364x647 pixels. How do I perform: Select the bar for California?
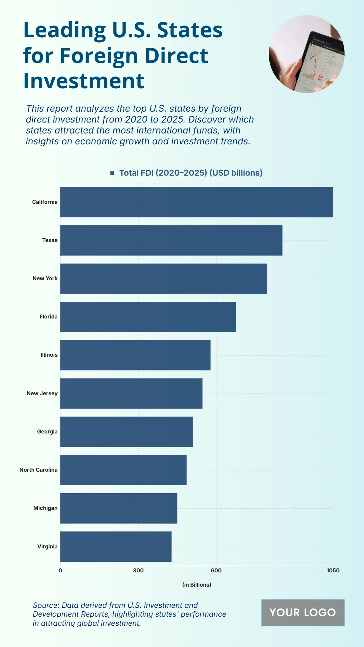pos(197,202)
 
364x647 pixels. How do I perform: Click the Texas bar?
pos(171,240)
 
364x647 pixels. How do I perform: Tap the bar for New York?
pos(163,278)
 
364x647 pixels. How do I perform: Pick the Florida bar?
pos(148,317)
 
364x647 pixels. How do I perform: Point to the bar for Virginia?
pos(116,547)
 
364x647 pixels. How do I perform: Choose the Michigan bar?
pos(119,508)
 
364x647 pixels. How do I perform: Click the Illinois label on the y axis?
pos(49,355)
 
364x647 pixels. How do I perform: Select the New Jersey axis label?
pos(42,393)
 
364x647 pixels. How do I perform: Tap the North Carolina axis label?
pos(38,470)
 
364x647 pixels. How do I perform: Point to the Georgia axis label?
pos(47,432)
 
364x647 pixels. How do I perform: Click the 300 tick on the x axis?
pos(138,571)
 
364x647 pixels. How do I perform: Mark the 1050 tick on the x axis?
pos(333,571)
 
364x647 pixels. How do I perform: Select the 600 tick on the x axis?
pos(216,571)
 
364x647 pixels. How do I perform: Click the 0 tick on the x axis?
pos(60,571)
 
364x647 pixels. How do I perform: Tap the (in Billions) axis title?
pos(197,585)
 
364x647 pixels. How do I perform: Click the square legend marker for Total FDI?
pos(112,173)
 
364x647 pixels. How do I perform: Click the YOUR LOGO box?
pos(303,613)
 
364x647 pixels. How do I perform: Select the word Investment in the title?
pos(84,81)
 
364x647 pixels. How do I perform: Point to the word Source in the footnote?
pos(46,605)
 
